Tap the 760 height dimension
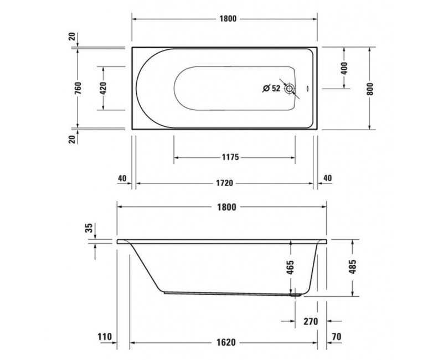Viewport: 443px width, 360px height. pos(78,89)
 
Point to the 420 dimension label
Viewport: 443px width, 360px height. pos(104,88)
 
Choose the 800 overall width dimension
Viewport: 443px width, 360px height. pos(370,89)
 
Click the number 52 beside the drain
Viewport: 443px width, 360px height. pos(276,88)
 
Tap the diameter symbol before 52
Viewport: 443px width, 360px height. pos(266,88)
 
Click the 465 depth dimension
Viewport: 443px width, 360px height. pos(290,269)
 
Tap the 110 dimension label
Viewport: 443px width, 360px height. pos(104,337)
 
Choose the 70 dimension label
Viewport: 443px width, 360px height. pos(337,337)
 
